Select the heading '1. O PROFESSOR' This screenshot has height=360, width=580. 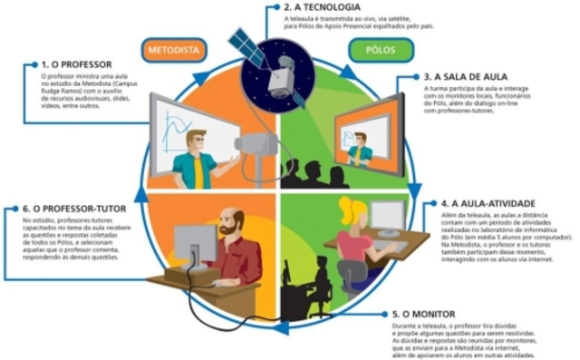pos(77,65)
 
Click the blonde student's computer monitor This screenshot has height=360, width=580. pos(387,217)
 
